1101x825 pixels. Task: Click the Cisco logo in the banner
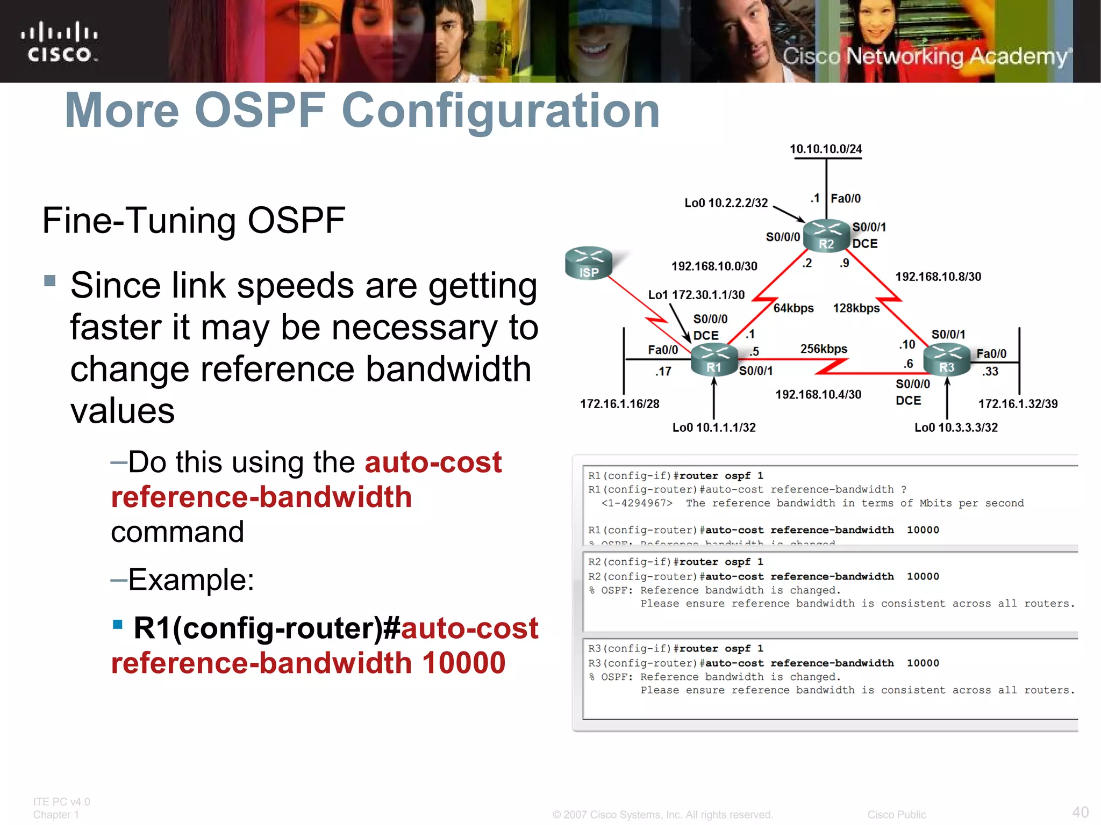click(x=60, y=42)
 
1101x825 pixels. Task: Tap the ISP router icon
click(x=589, y=263)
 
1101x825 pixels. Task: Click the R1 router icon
click(x=714, y=359)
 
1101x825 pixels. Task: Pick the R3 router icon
click(x=947, y=359)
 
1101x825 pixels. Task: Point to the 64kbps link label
click(x=793, y=308)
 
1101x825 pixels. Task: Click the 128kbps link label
click(x=856, y=308)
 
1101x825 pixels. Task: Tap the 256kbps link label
click(x=824, y=349)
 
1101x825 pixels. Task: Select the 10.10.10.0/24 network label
click(x=825, y=149)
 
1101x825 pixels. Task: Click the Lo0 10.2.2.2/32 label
click(x=726, y=203)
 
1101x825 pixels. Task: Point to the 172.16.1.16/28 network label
click(x=619, y=404)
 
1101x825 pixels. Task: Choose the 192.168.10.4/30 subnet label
click(x=818, y=395)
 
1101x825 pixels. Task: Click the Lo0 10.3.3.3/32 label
click(x=956, y=428)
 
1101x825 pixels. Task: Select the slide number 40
click(x=1080, y=812)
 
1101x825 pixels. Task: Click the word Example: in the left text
click(x=191, y=580)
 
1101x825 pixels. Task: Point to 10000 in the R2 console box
click(x=923, y=576)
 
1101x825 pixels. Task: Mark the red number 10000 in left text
click(x=463, y=663)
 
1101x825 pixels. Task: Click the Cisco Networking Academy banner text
click(x=925, y=56)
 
